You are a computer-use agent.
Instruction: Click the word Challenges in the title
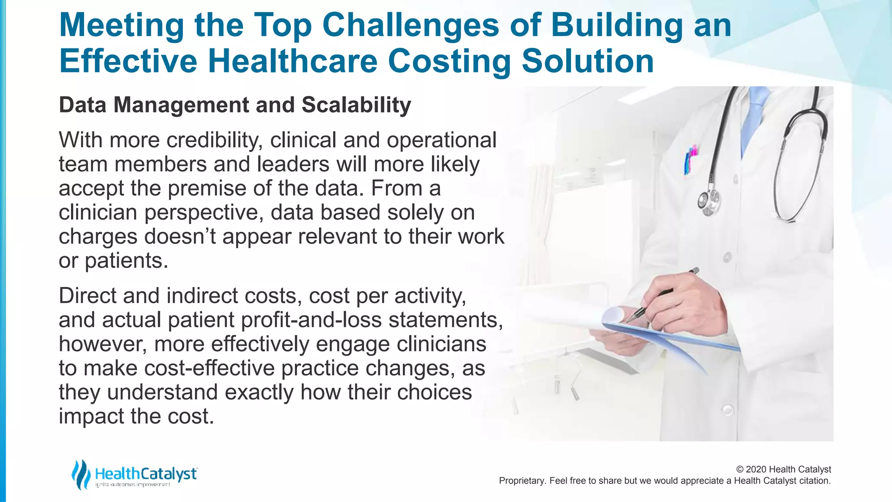[410, 25]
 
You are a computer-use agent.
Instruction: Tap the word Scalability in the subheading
[356, 105]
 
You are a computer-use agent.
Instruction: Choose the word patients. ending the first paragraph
[126, 261]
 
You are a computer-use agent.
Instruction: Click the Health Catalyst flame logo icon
[81, 474]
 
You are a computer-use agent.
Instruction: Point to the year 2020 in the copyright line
[756, 469]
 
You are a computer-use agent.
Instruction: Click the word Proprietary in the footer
[521, 481]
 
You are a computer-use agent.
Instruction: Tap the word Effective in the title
[128, 61]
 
